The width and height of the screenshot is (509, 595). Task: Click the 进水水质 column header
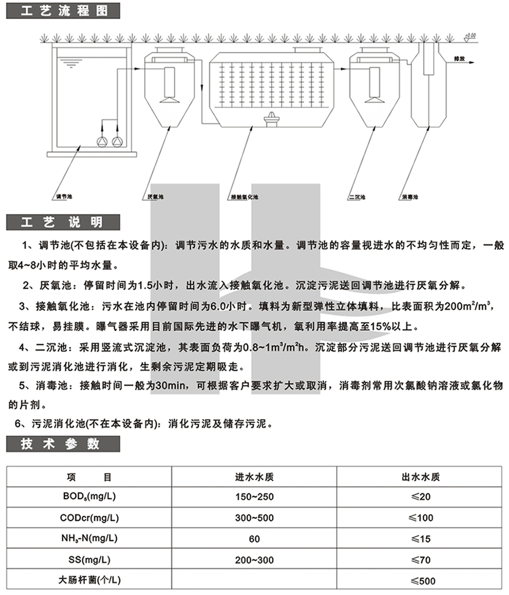(x=255, y=476)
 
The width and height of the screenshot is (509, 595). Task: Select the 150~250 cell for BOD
(x=255, y=496)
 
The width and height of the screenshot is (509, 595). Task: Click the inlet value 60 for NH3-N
(x=255, y=539)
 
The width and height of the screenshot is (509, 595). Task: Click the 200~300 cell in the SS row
(x=255, y=560)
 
